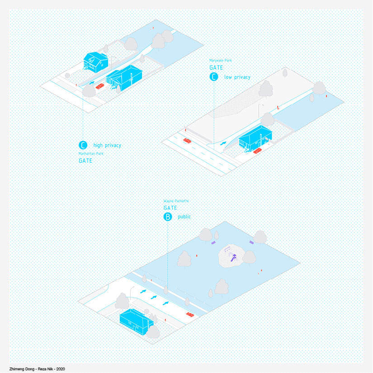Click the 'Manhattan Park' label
pyautogui.click(x=91, y=153)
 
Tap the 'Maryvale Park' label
pyautogui.click(x=221, y=60)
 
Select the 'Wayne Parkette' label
pyautogui.click(x=176, y=200)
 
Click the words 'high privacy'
pyautogui.click(x=107, y=146)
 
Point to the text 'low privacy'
pyautogui.click(x=237, y=77)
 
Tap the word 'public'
pyautogui.click(x=184, y=217)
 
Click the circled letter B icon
pyautogui.click(x=168, y=217)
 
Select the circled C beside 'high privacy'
pyautogui.click(x=83, y=145)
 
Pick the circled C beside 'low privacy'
pyautogui.click(x=214, y=77)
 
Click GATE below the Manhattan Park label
pyautogui.click(x=85, y=161)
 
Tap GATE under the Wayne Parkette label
pyautogui.click(x=170, y=208)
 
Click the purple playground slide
pyautogui.click(x=234, y=258)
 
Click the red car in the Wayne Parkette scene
pyautogui.click(x=190, y=314)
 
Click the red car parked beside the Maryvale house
pyautogui.click(x=258, y=151)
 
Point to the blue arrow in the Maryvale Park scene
pyautogui.click(x=223, y=144)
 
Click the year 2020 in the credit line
pyautogui.click(x=60, y=369)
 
